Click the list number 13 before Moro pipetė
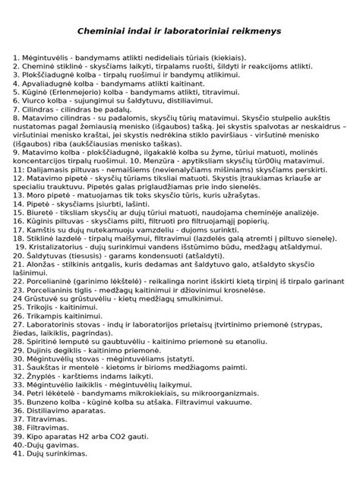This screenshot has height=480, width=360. tap(18, 194)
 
